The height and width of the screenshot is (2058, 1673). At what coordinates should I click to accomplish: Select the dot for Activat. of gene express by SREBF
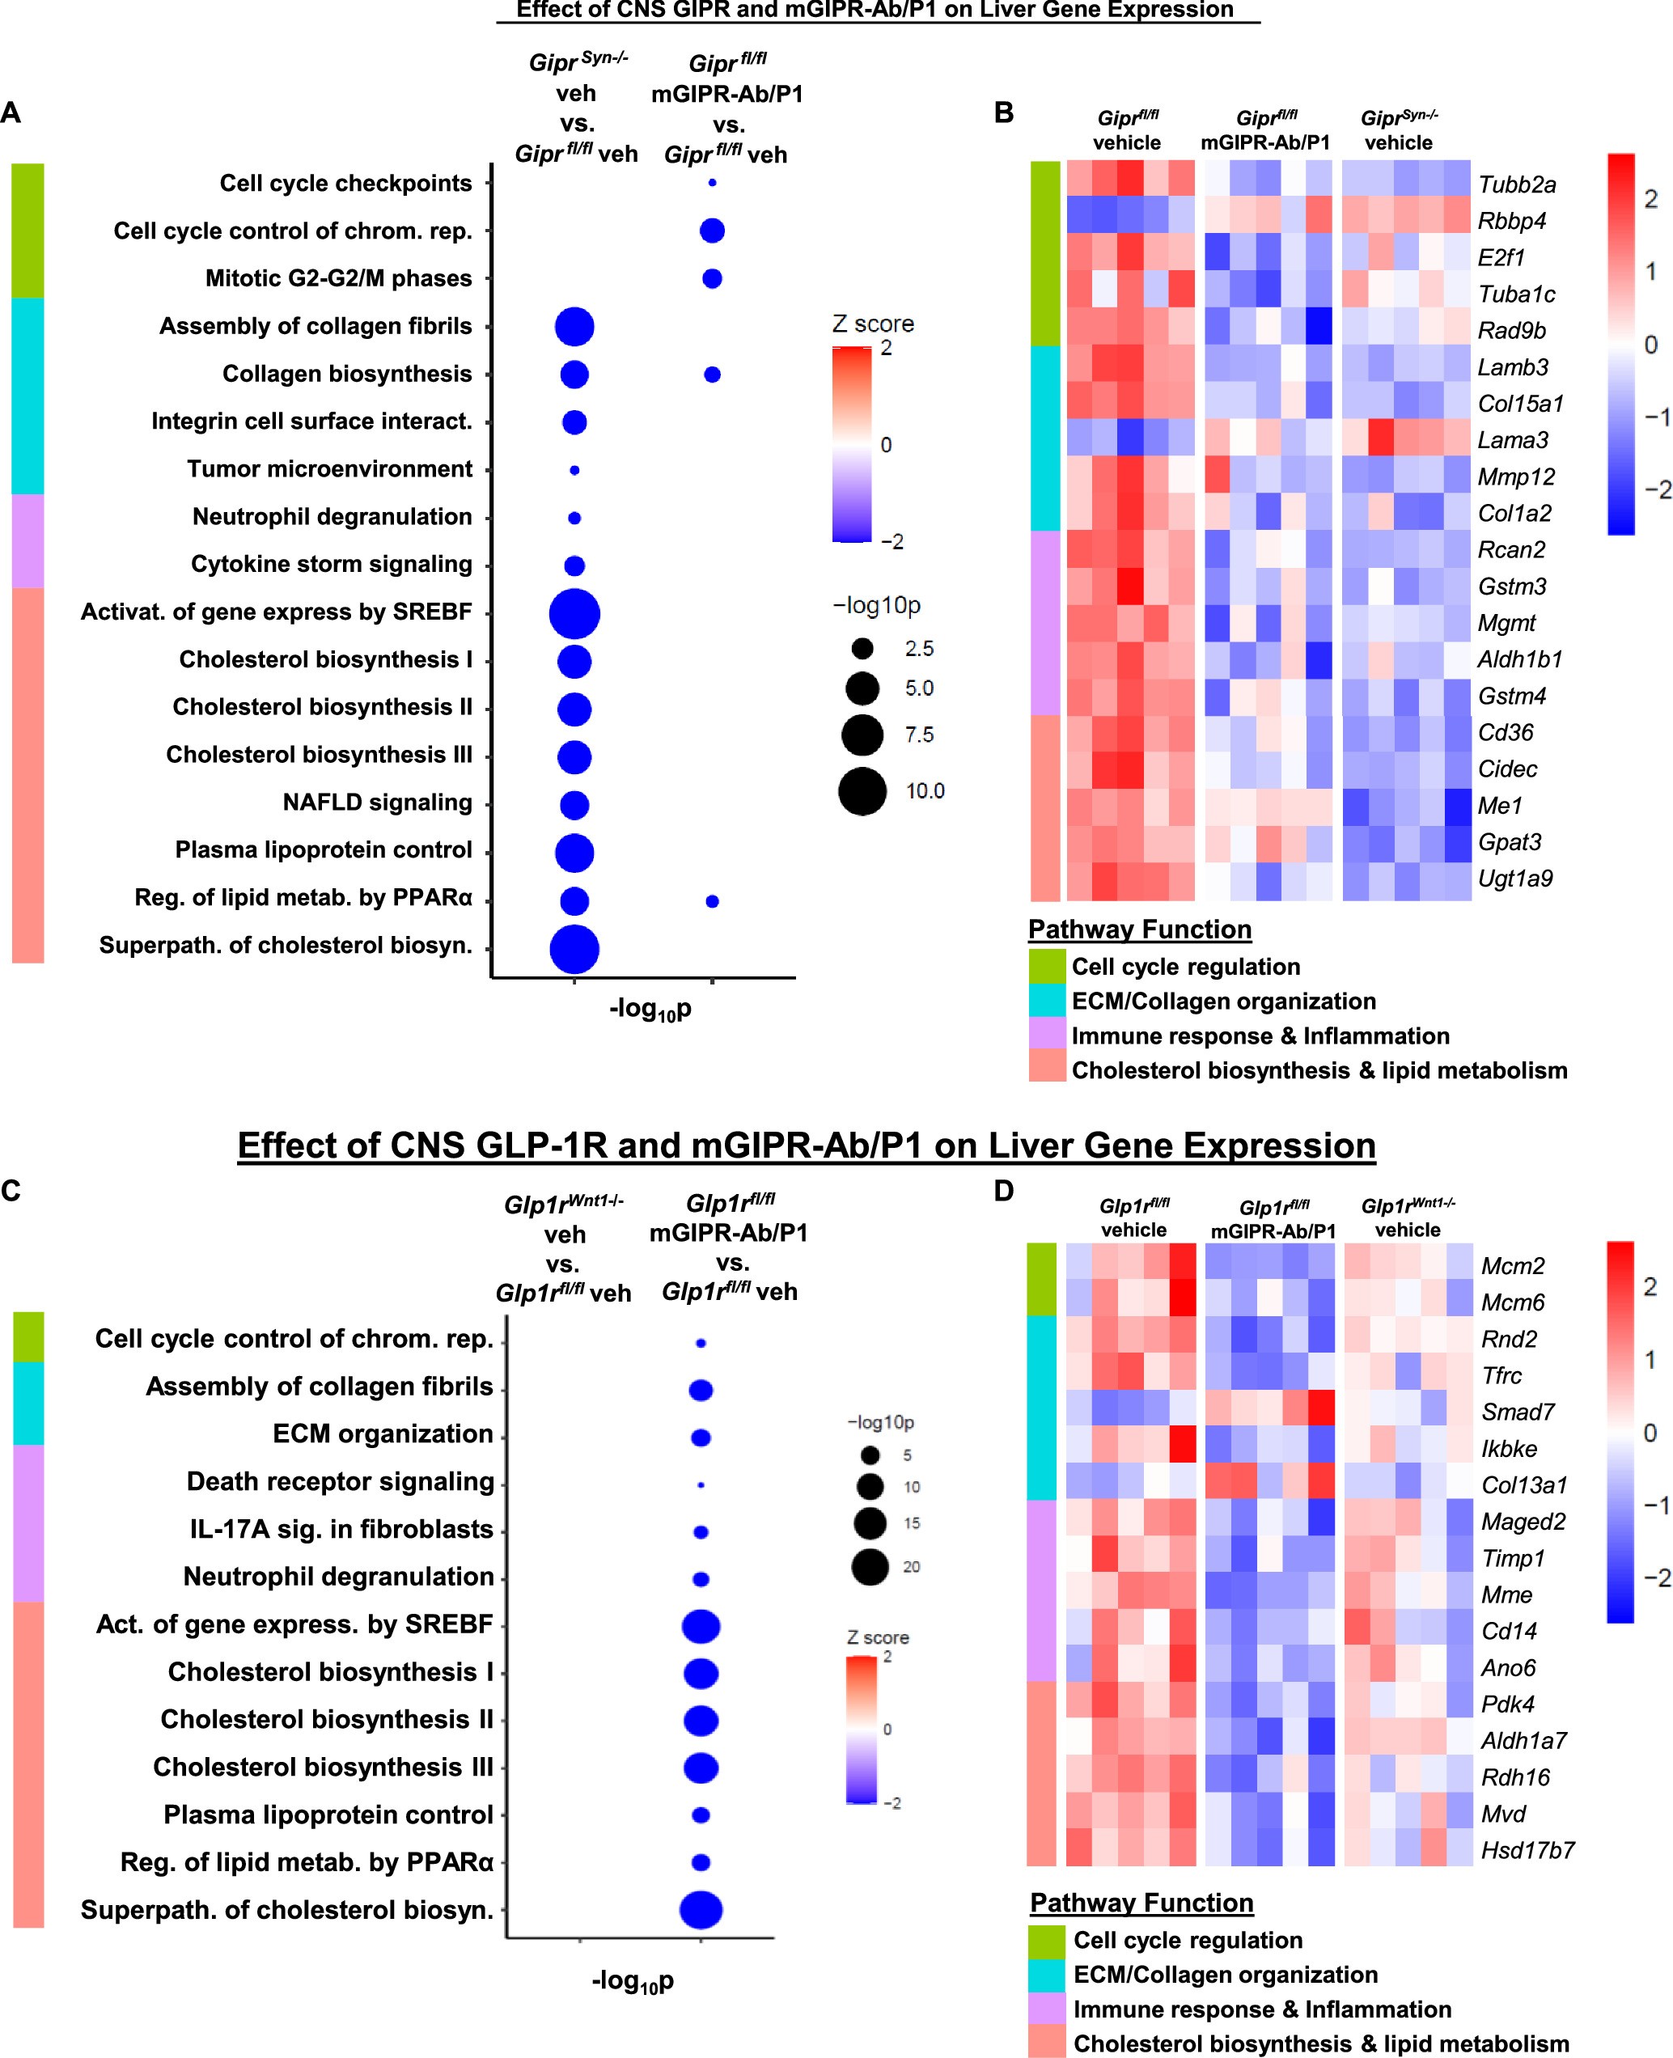pos(574,614)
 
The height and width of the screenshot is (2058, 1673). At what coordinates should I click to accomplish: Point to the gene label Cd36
pos(1506,733)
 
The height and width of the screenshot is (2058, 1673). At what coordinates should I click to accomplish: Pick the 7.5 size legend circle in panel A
pos(862,735)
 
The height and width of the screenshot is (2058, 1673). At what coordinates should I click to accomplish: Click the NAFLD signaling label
pos(377,802)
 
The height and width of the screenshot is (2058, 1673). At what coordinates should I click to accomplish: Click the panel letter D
pos(1003,1192)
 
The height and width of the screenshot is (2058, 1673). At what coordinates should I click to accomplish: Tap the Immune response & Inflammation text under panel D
pos(1261,2009)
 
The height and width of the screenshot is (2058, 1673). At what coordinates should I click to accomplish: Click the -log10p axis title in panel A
pos(650,1010)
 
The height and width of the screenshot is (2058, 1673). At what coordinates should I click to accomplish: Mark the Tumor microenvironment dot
pos(574,470)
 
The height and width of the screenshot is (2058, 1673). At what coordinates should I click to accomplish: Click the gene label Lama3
pos(1513,440)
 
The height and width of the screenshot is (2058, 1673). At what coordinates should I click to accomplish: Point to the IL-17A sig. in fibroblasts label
pos(341,1529)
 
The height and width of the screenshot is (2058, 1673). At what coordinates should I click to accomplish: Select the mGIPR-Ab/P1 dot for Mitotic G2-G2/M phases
pos(712,279)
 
